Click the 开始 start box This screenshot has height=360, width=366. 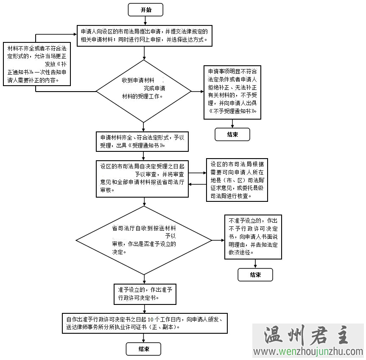click(x=145, y=10)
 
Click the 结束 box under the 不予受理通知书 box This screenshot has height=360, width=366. click(x=232, y=134)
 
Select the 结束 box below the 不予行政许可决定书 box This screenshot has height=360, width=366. click(x=255, y=275)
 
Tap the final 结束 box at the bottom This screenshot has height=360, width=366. click(x=143, y=349)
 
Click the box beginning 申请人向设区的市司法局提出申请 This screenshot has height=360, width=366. click(x=145, y=36)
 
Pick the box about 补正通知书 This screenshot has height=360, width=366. click(x=37, y=64)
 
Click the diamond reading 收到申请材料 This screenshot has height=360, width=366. click(x=144, y=91)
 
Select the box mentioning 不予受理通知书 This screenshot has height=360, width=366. click(x=232, y=92)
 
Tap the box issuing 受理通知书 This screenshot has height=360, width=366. click(x=142, y=141)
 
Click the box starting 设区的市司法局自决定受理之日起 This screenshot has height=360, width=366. click(x=142, y=178)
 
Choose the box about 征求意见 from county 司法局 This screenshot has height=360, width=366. click(x=237, y=180)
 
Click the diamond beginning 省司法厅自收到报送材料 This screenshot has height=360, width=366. click(x=144, y=240)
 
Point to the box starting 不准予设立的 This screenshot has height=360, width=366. click(x=253, y=237)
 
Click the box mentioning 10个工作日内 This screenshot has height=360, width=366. click(x=145, y=323)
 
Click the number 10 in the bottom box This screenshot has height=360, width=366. click(x=151, y=319)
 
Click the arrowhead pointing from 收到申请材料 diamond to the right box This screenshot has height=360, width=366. click(x=201, y=91)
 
